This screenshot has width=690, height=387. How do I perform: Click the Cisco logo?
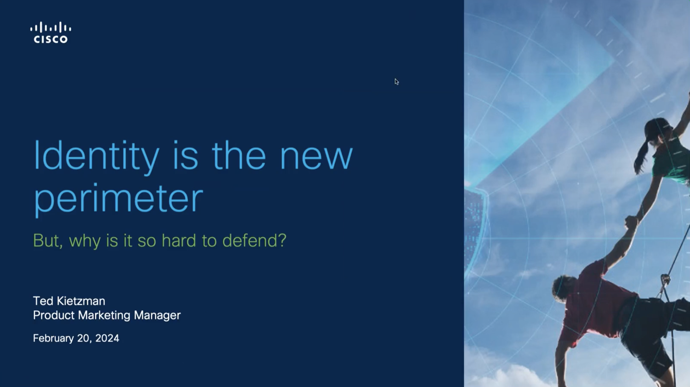[x=51, y=32]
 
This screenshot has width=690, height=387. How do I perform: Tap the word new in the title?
[x=316, y=158]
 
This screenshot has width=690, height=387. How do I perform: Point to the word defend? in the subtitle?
[x=254, y=240]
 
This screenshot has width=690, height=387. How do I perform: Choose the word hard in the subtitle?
[x=179, y=240]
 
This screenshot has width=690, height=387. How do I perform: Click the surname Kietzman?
[x=81, y=301]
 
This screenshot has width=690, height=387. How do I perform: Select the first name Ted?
[x=43, y=301]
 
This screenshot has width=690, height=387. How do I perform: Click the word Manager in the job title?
[x=157, y=315]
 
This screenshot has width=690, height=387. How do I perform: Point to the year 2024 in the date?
[x=107, y=338]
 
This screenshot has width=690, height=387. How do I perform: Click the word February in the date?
[x=53, y=338]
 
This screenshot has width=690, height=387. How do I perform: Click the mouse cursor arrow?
[x=397, y=82]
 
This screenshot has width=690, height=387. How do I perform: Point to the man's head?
[x=566, y=288]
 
